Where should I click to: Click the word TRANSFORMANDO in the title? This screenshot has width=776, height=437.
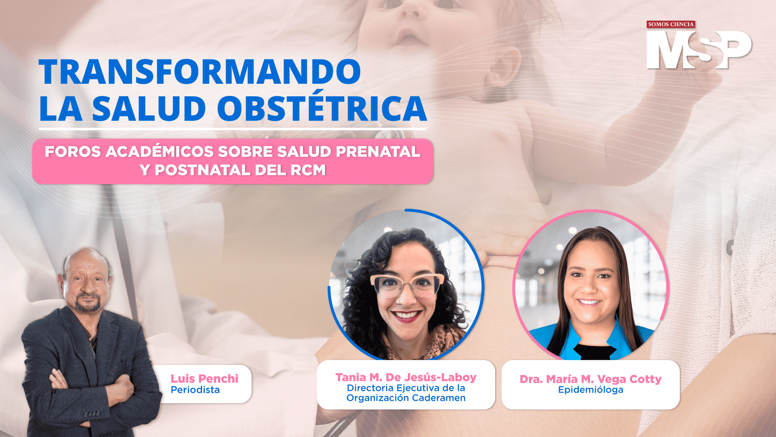(x=200, y=72)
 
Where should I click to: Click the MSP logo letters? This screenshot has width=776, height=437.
(x=699, y=50)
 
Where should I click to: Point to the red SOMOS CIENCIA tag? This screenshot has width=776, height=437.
(x=671, y=24)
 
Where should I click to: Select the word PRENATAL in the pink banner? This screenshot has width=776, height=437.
(x=378, y=151)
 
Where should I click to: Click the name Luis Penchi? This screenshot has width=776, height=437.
(x=205, y=379)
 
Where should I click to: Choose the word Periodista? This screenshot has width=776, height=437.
(x=195, y=390)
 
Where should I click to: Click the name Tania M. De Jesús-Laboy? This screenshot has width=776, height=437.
(x=406, y=377)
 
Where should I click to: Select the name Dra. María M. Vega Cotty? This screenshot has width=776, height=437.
(x=590, y=379)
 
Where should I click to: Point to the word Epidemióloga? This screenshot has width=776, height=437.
(x=590, y=390)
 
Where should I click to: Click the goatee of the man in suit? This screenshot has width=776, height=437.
(x=88, y=303)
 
